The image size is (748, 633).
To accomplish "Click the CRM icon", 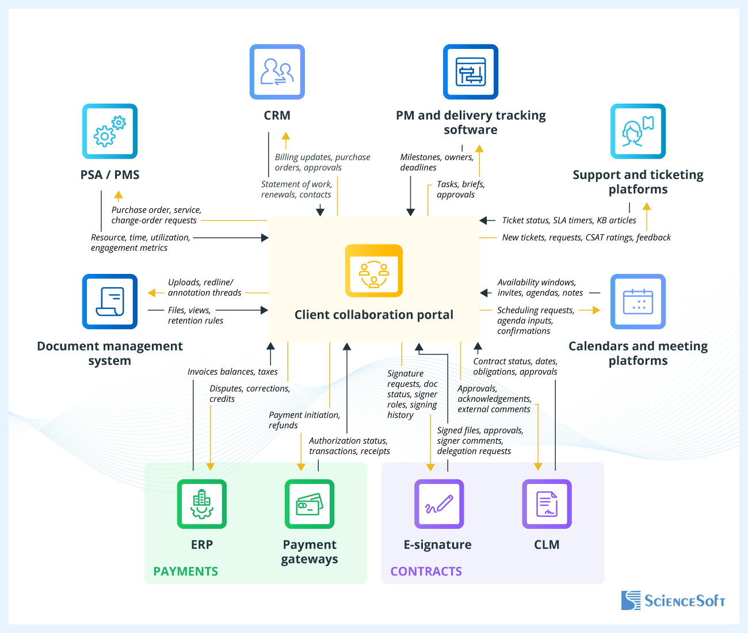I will tap(277, 72).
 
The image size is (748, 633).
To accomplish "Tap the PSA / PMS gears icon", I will tap(109, 131).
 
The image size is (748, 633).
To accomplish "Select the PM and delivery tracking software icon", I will tap(470, 72).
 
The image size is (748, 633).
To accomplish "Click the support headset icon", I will tap(638, 131).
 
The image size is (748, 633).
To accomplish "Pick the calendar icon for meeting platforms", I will tap(638, 302).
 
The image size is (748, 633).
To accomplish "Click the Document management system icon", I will tap(109, 302).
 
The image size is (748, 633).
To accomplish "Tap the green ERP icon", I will tap(201, 504).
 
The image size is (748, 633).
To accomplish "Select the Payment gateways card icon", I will tap(309, 504).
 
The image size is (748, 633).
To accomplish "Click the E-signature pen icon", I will tap(438, 504).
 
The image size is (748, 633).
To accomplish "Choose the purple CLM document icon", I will tap(547, 504).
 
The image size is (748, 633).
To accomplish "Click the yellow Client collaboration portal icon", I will tap(374, 270).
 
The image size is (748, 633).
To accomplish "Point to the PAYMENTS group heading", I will tap(185, 571).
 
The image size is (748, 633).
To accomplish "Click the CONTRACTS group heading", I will tap(426, 571).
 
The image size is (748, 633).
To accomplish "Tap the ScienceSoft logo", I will tap(673, 601).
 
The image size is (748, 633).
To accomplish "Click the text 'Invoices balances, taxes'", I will tap(232, 372).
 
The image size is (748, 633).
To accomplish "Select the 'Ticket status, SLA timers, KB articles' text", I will tap(569, 220).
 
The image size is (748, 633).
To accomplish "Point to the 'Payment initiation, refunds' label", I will tap(304, 420).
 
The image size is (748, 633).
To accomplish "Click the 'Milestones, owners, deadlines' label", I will tap(436, 162).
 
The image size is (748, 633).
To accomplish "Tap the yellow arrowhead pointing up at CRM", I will tap(286, 137).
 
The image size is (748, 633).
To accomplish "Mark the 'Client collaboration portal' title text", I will tap(374, 315).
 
